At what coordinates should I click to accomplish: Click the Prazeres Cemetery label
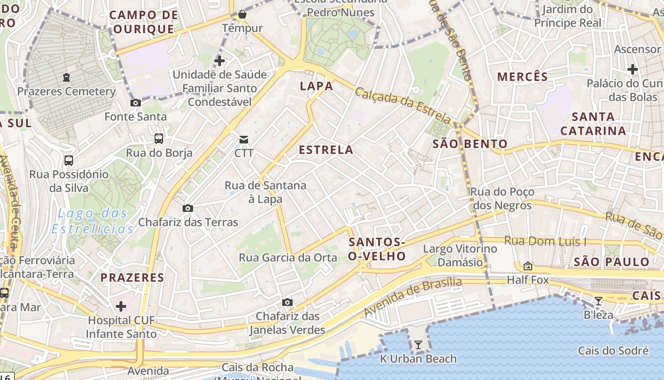tap(66, 91)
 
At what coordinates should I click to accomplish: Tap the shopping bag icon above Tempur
tap(242, 14)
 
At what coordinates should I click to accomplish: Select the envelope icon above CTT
tap(244, 139)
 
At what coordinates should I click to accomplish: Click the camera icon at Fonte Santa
tap(135, 103)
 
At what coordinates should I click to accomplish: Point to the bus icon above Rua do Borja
tap(159, 139)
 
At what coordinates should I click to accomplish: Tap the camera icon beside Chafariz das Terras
tap(188, 208)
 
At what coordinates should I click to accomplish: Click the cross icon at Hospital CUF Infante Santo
tap(121, 306)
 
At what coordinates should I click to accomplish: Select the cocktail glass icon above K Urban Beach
tap(418, 345)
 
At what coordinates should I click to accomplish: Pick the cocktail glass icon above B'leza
tap(599, 301)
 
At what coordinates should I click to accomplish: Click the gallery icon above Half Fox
tap(527, 266)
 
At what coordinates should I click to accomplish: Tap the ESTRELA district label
tap(326, 150)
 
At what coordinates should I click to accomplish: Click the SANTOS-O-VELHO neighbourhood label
tap(377, 249)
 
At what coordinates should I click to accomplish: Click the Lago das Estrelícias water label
tap(92, 221)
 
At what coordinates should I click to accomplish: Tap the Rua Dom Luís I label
tap(545, 241)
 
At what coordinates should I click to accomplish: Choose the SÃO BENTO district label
tap(470, 144)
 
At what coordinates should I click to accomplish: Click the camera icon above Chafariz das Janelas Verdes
tap(287, 302)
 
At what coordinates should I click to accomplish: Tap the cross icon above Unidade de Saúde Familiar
tap(219, 60)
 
